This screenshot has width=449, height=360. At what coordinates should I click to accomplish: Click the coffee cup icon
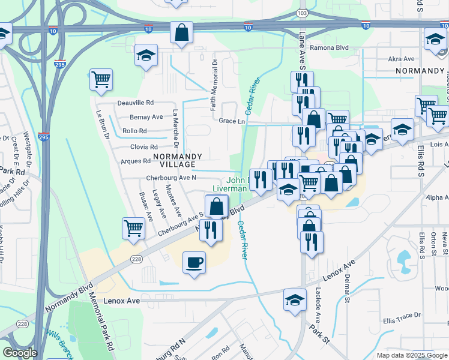pos(194,262)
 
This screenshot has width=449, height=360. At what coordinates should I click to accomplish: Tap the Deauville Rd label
pos(136,103)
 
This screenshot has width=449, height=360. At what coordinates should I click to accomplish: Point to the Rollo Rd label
pos(134,131)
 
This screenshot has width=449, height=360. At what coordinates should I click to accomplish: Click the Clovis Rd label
pos(143,146)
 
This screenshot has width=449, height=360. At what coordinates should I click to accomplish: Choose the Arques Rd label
pos(136,161)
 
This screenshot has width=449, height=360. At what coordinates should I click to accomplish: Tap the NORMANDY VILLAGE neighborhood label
pos(174,160)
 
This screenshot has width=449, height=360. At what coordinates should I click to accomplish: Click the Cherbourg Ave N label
pos(171,178)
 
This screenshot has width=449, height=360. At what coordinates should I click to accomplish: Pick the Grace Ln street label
pos(232,121)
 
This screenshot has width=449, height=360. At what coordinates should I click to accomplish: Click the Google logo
pos(20,353)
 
